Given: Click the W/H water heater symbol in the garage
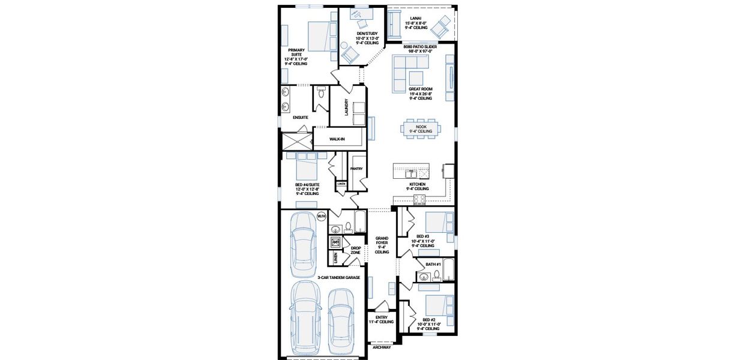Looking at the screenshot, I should click(321, 215).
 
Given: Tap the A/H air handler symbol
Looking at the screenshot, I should click(335, 242).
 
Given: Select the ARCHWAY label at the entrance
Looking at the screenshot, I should click(382, 347).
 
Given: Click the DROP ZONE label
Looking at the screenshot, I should click(356, 250).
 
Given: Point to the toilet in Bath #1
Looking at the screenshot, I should click(437, 275).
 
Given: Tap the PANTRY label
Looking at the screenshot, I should click(356, 169).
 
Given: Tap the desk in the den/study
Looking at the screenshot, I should click(362, 22).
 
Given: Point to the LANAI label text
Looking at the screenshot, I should click(415, 18).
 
